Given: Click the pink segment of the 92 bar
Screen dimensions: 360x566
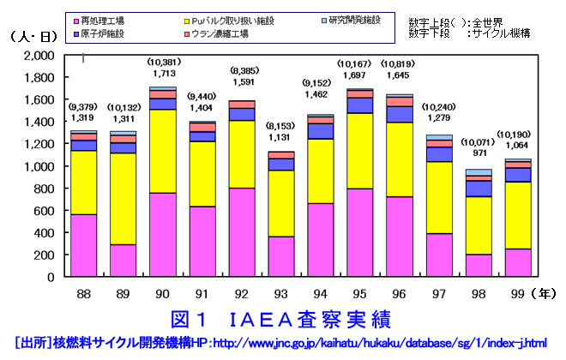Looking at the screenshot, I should [x=242, y=232].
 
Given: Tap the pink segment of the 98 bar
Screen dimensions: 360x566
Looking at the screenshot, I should [x=479, y=266].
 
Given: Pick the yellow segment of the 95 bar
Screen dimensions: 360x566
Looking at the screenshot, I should [x=361, y=150].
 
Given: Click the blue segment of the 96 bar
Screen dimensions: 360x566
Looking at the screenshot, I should [x=400, y=114].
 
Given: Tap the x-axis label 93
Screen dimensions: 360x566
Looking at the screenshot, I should [x=282, y=293].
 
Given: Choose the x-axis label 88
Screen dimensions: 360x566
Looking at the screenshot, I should [x=84, y=293].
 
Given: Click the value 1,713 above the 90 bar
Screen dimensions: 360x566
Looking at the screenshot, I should [x=164, y=75].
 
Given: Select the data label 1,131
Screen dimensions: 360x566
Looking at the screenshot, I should [x=282, y=135].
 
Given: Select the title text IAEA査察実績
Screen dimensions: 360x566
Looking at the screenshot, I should [x=283, y=321].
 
